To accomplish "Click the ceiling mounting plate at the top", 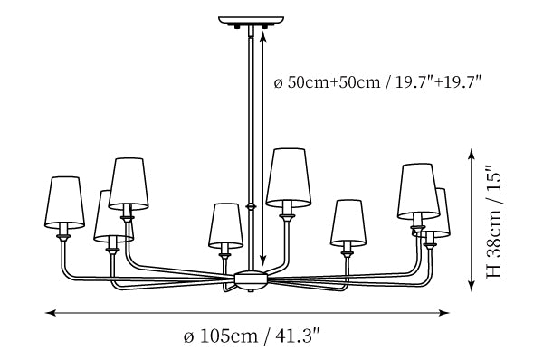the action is coord(251,21).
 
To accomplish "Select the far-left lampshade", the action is coord(65,203).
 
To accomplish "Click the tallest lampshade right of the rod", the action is coord(288,178).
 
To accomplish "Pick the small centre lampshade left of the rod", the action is coord(225,226).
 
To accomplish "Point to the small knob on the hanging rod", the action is coord(251,207).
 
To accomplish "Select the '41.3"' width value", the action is coord(297,336).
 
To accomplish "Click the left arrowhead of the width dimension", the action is coord(51,313).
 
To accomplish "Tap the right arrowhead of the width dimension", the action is coord(444,313).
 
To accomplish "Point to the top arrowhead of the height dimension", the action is coord(472,154).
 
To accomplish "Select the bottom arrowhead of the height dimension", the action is coord(472,286).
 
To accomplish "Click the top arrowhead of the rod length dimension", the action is coord(263,35).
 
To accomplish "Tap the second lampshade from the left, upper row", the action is coord(129,184).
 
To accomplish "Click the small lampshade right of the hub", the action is coord(348,223).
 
